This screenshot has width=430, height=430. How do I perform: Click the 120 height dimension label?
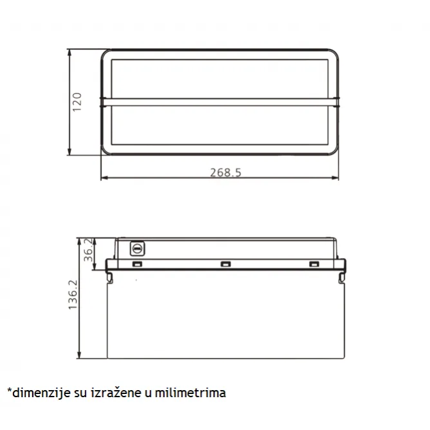(77, 102)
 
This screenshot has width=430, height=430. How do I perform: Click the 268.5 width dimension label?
(226, 173)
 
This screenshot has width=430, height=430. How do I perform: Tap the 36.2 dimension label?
(88, 250)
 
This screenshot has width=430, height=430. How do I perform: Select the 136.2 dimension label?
(73, 295)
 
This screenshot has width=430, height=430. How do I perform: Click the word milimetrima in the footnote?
(191, 393)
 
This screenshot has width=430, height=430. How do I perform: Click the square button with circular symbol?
(137, 248)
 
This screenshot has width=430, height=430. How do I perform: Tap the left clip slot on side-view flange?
(137, 264)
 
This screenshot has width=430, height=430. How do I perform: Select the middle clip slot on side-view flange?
(226, 264)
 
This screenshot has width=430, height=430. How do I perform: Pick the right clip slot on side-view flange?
(314, 264)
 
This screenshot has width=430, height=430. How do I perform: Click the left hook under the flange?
(109, 277)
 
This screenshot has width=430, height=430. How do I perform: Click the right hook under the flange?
(342, 277)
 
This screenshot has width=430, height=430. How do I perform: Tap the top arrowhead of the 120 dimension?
(70, 53)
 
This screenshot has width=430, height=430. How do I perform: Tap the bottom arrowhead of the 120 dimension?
(70, 151)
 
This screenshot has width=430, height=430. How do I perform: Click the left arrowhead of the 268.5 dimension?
(105, 178)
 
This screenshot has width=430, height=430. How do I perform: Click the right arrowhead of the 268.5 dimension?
(335, 178)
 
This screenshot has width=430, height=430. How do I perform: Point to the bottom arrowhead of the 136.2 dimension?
(79, 354)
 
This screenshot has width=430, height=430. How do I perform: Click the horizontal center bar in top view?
(220, 102)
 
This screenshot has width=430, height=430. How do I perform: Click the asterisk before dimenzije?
(10, 390)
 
